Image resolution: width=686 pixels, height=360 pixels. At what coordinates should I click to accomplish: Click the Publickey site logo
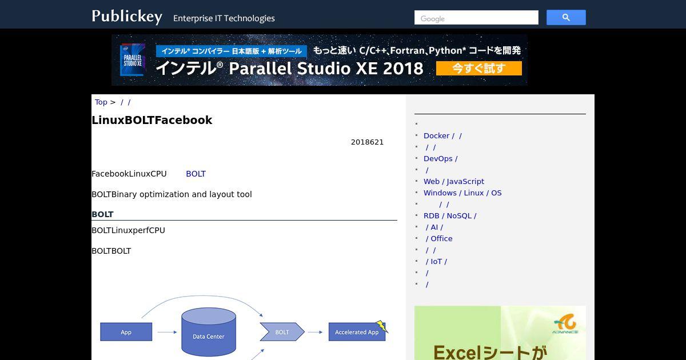pos(127,17)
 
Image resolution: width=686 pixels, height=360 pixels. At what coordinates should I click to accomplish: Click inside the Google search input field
pos(476,18)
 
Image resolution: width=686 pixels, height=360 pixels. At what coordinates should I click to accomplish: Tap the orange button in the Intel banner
pos(478,68)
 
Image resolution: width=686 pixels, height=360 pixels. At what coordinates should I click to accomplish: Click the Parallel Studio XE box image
pos(132,59)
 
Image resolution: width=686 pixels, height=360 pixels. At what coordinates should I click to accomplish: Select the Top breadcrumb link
pos(101,102)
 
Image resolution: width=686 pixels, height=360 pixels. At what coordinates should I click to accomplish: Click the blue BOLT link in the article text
pos(196,174)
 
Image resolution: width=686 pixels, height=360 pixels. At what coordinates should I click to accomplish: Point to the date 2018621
pos(367,142)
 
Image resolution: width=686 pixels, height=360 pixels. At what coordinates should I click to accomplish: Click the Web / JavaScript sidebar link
pos(453,182)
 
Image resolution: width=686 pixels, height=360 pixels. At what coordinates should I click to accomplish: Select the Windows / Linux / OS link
pos(462,193)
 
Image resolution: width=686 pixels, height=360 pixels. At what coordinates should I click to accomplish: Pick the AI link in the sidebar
pos(434,227)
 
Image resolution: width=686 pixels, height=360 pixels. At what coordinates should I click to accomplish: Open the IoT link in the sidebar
pos(436,262)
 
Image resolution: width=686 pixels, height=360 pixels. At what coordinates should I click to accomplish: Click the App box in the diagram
pos(126,332)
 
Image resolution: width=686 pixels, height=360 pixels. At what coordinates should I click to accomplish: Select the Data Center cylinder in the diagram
pos(209,332)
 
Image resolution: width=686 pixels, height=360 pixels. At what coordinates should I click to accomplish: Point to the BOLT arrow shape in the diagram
pos(282,332)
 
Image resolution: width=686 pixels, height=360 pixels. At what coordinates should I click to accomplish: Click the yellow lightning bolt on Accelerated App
pos(382,326)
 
